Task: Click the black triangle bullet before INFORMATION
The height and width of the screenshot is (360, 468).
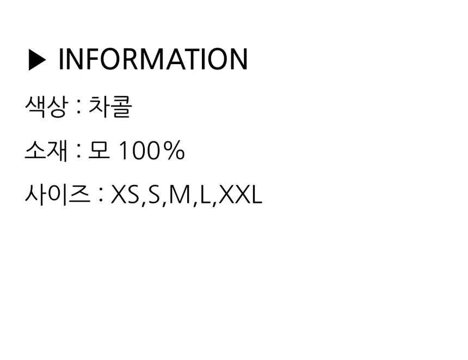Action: [x=38, y=60]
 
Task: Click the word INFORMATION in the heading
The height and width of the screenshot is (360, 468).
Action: [x=153, y=59]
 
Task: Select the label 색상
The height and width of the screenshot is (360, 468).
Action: [x=45, y=107]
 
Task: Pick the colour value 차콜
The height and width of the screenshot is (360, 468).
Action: [x=110, y=107]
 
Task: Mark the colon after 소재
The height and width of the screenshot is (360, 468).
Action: [x=79, y=152]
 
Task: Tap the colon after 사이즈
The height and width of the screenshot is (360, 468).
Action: [x=101, y=195]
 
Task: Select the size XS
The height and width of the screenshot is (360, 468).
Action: [x=125, y=195]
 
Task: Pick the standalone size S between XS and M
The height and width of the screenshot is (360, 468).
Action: [x=154, y=195]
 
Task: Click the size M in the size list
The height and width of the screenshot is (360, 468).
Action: [x=180, y=195]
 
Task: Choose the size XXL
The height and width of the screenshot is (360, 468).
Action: [x=241, y=195]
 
